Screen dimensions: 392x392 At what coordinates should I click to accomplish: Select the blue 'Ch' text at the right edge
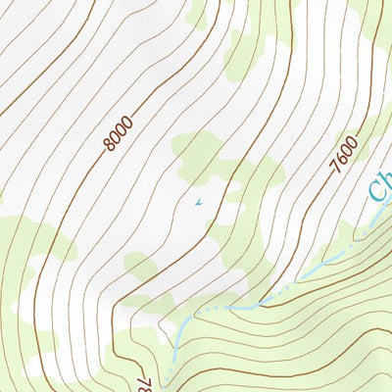[380, 185]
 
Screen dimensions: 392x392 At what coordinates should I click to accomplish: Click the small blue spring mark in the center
[198, 203]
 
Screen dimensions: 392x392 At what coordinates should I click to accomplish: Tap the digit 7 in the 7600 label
[334, 170]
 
